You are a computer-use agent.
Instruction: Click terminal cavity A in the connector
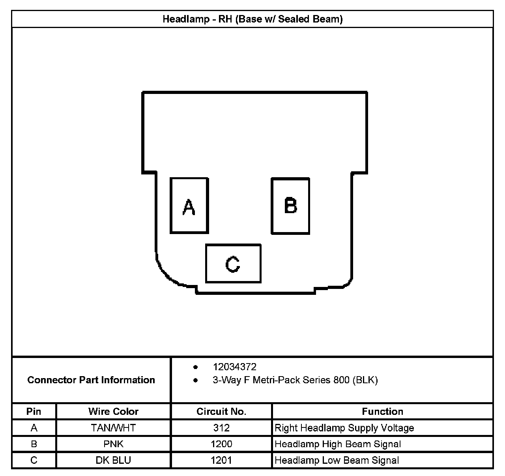[x=189, y=206]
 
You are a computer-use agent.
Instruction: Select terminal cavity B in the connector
[x=290, y=206]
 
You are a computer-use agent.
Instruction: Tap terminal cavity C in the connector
[x=233, y=263]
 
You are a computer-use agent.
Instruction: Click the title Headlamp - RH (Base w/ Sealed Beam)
[x=252, y=19]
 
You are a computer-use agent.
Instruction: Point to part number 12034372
[x=234, y=367]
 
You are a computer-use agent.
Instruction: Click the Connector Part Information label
[x=91, y=380]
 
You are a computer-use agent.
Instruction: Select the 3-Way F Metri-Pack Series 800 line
[x=295, y=380]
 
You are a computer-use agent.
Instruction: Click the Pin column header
[x=34, y=411]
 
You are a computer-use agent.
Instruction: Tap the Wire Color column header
[x=114, y=411]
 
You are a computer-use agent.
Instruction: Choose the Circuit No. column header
[x=221, y=411]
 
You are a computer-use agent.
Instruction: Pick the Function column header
[x=382, y=411]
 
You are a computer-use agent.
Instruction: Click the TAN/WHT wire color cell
[x=114, y=428]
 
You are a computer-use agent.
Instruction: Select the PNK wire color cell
[x=114, y=444]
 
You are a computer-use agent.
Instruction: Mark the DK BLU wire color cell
[x=114, y=460]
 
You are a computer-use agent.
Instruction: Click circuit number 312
[x=221, y=428]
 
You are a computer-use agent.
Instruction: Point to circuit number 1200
[x=221, y=444]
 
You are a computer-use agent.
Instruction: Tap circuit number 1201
[x=221, y=460]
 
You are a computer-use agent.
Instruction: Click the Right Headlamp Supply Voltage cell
[x=344, y=428]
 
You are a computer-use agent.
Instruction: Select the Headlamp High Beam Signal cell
[x=338, y=444]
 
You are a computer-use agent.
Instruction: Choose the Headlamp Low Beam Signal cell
[x=337, y=460]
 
